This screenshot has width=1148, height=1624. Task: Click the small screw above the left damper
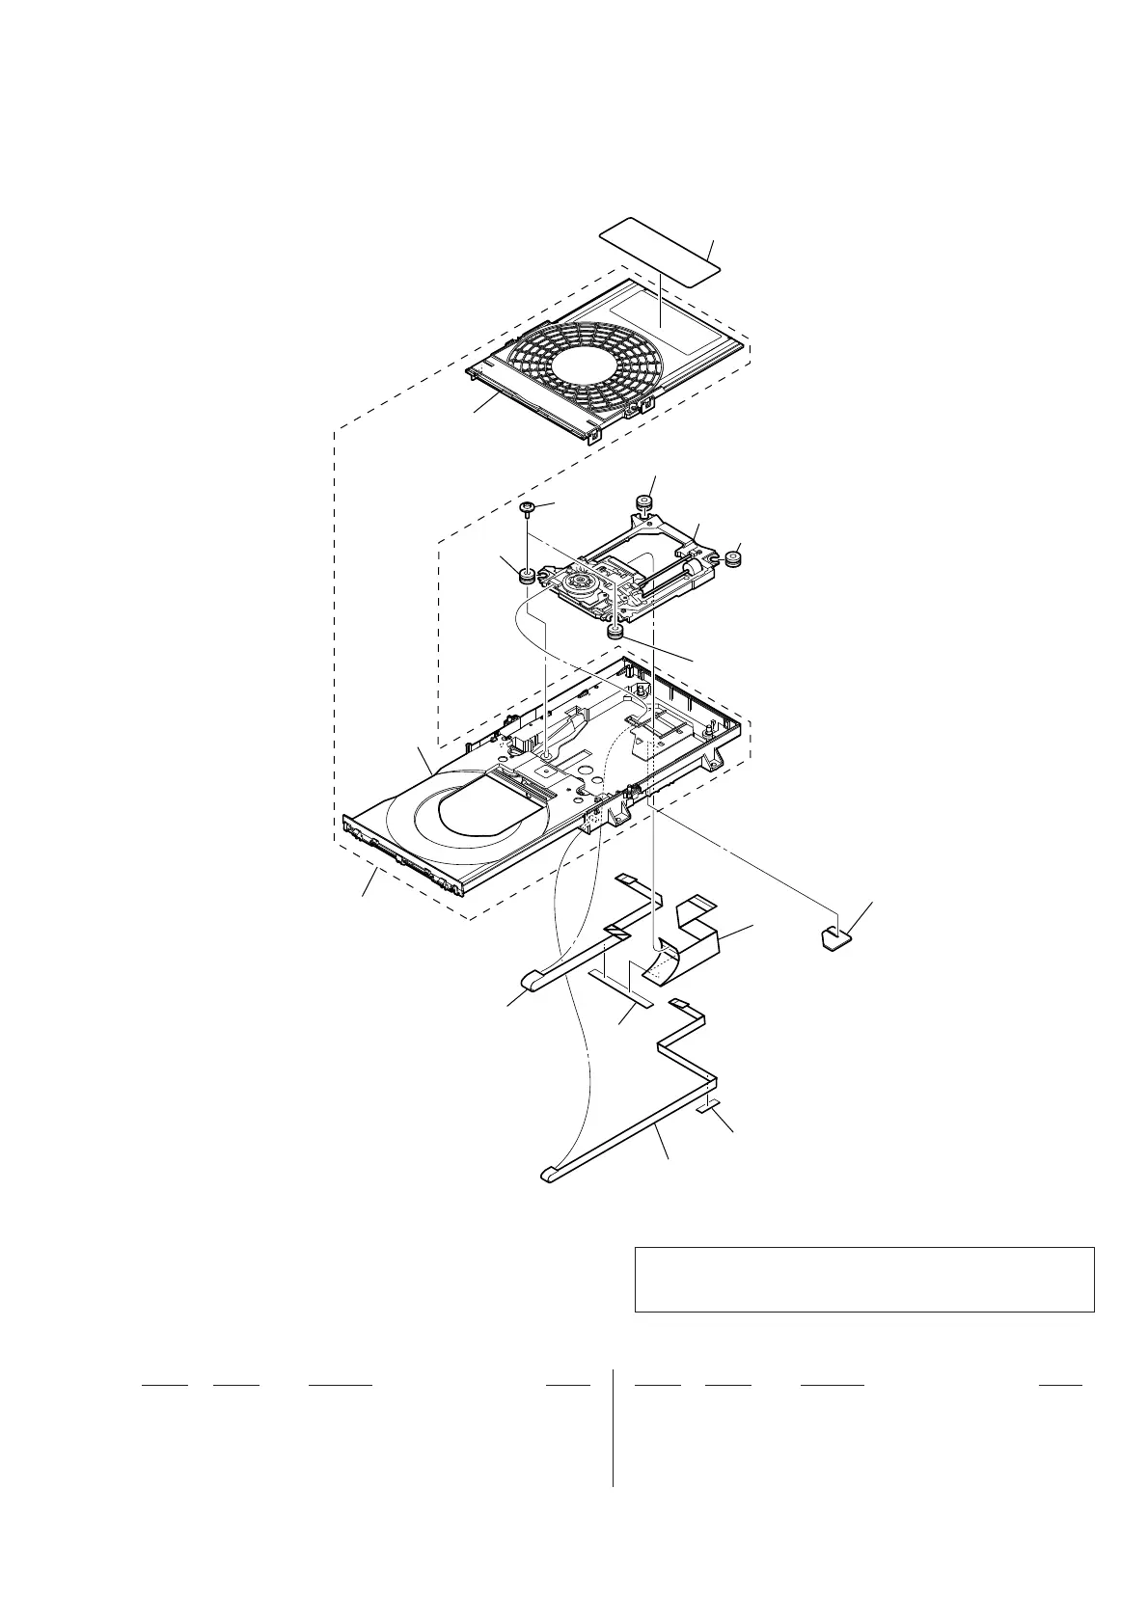pos(528,506)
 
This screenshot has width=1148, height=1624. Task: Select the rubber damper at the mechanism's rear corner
pos(643,502)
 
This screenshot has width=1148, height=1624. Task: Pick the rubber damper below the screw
pos(528,576)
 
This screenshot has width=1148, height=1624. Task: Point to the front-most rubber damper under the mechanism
pos(614,633)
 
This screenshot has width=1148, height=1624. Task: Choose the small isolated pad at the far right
pos(835,935)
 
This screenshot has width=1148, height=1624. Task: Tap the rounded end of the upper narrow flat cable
pos(529,982)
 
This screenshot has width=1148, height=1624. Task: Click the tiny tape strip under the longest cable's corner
pos(709,1111)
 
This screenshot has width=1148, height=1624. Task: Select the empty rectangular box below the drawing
pos(863,1279)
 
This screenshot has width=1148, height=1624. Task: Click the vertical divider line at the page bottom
pos(613,1427)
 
